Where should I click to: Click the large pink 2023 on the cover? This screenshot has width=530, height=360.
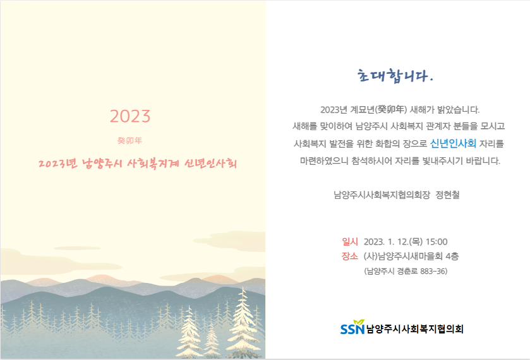(x=130, y=116)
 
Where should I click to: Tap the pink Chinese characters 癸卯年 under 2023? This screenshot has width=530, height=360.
(x=129, y=141)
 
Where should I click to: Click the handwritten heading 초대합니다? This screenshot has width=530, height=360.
(x=395, y=76)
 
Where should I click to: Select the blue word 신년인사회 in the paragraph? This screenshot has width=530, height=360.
(x=453, y=143)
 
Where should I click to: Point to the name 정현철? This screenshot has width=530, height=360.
(x=447, y=195)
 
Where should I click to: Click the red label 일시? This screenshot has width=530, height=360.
(x=350, y=242)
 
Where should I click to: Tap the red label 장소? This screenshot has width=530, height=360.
(x=350, y=256)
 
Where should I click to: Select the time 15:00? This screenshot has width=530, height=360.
(x=437, y=242)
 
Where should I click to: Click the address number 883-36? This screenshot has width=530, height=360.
(x=433, y=271)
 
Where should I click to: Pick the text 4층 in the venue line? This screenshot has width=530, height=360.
(x=452, y=256)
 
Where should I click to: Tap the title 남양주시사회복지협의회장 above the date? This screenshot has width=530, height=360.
(x=382, y=195)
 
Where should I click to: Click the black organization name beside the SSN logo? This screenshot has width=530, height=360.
(x=415, y=329)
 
